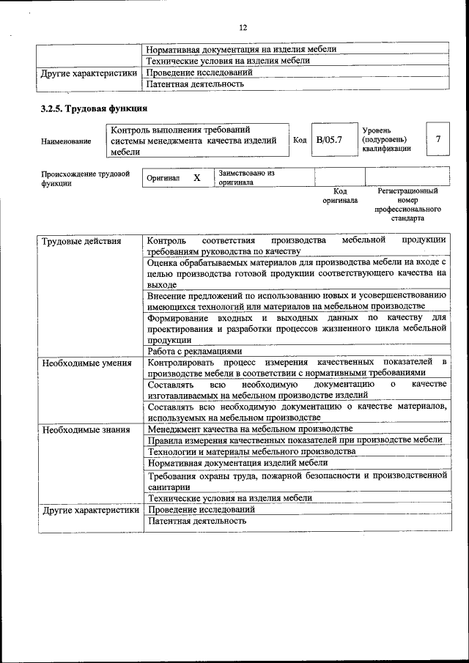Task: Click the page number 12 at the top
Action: pyautogui.click(x=243, y=28)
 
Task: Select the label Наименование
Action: pyautogui.click(x=66, y=141)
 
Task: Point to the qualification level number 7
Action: pyautogui.click(x=437, y=139)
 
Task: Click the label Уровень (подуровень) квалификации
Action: pyautogui.click(x=385, y=139)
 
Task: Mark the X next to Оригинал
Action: pyautogui.click(x=196, y=178)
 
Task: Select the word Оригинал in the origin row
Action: pyautogui.click(x=163, y=178)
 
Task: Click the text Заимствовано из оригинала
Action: pyautogui.click(x=245, y=178)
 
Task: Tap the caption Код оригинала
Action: pyautogui.click(x=340, y=196)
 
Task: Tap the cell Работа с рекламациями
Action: pyautogui.click(x=189, y=351)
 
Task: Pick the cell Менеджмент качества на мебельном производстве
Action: pyautogui.click(x=250, y=429)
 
